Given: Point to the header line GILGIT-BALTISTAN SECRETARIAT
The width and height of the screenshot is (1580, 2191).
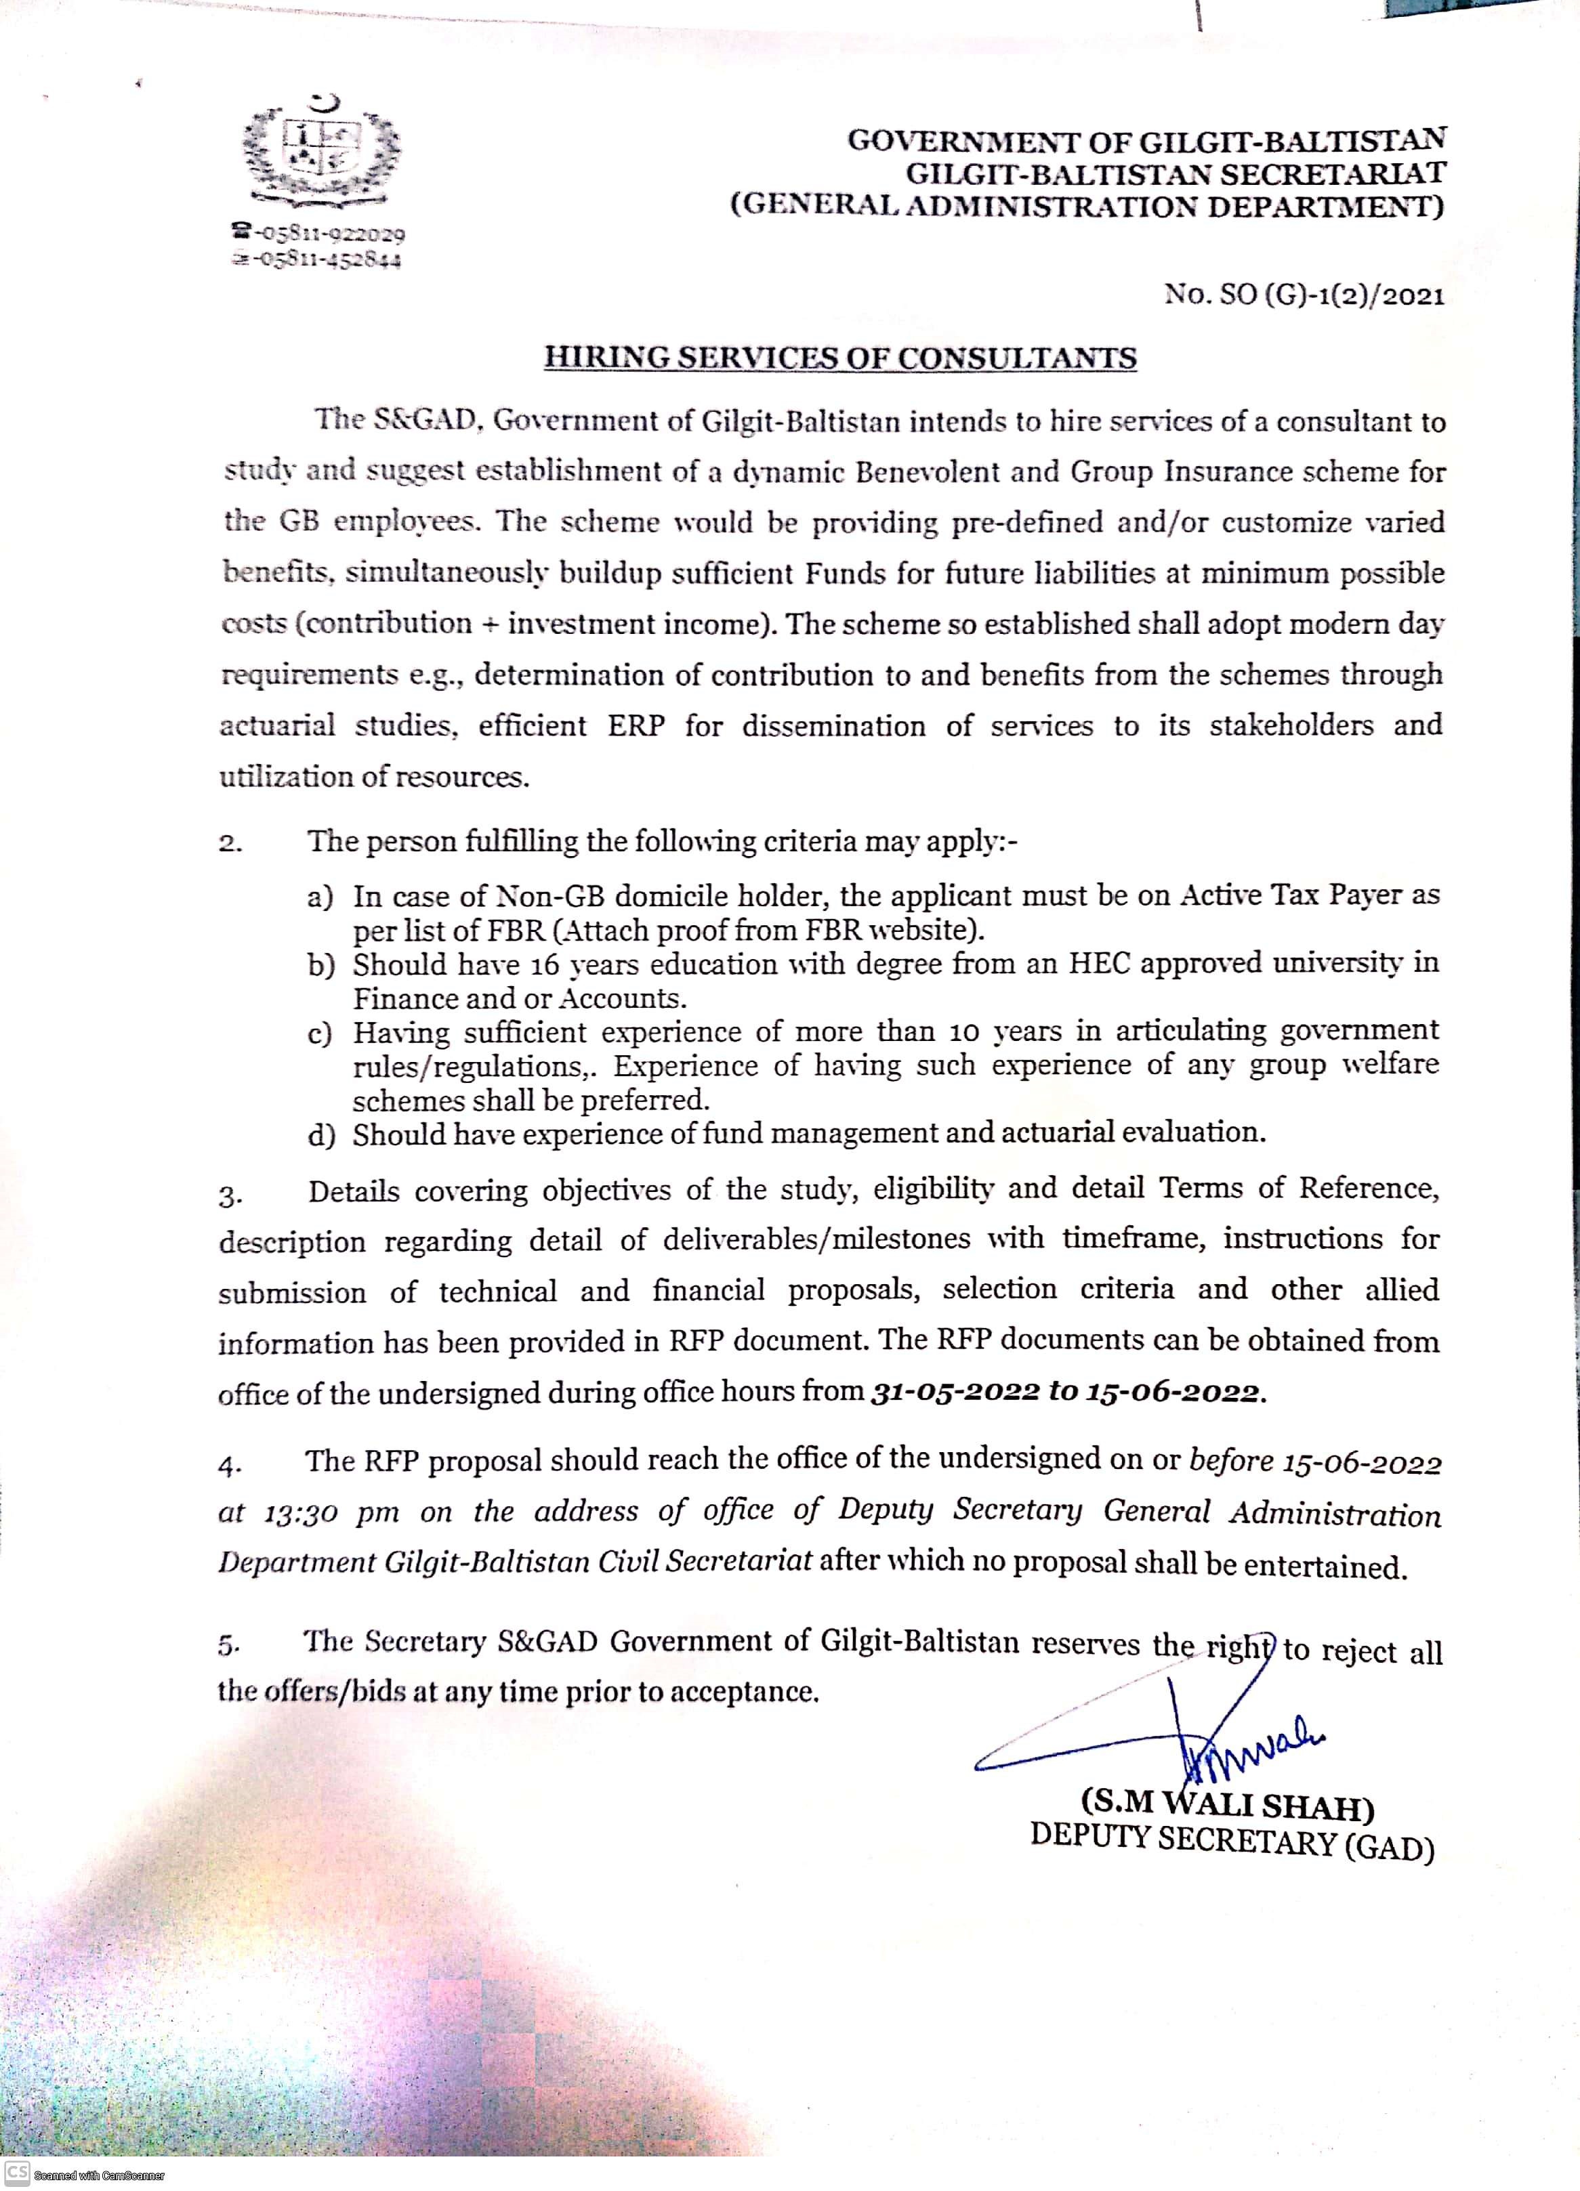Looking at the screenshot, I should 1175,174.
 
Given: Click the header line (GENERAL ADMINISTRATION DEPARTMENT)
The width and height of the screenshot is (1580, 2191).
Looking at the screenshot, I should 1087,207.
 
